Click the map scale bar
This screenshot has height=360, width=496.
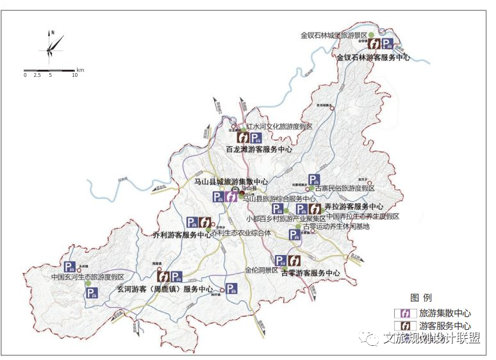51,69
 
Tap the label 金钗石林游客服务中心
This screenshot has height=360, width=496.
373,57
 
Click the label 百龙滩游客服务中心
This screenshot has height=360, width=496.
259,149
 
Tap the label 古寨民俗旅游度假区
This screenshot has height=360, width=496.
344,188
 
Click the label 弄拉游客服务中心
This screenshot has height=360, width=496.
354,207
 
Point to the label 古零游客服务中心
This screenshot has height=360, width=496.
310,273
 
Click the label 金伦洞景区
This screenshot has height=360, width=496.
261,270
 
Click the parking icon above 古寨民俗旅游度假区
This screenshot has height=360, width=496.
315,180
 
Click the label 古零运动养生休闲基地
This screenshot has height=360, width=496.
336,225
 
